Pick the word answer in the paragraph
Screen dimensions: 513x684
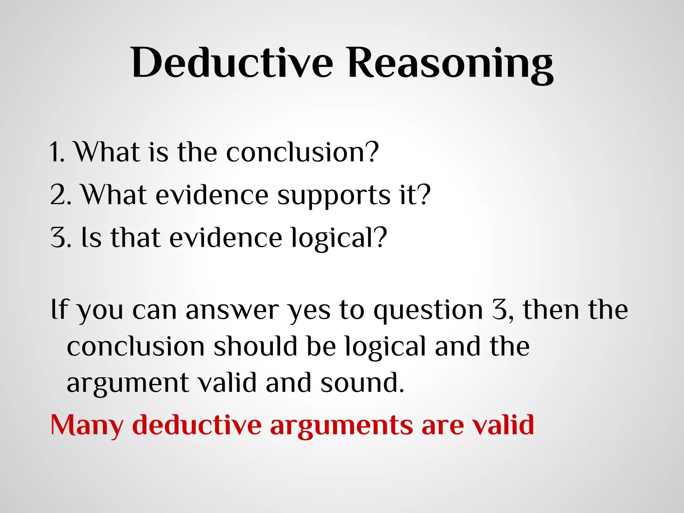pos(232,310)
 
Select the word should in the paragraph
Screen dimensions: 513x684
pos(255,346)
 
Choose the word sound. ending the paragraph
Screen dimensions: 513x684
pos(362,383)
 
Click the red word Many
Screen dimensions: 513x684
pos(87,425)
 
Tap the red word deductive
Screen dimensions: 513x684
pos(197,425)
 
